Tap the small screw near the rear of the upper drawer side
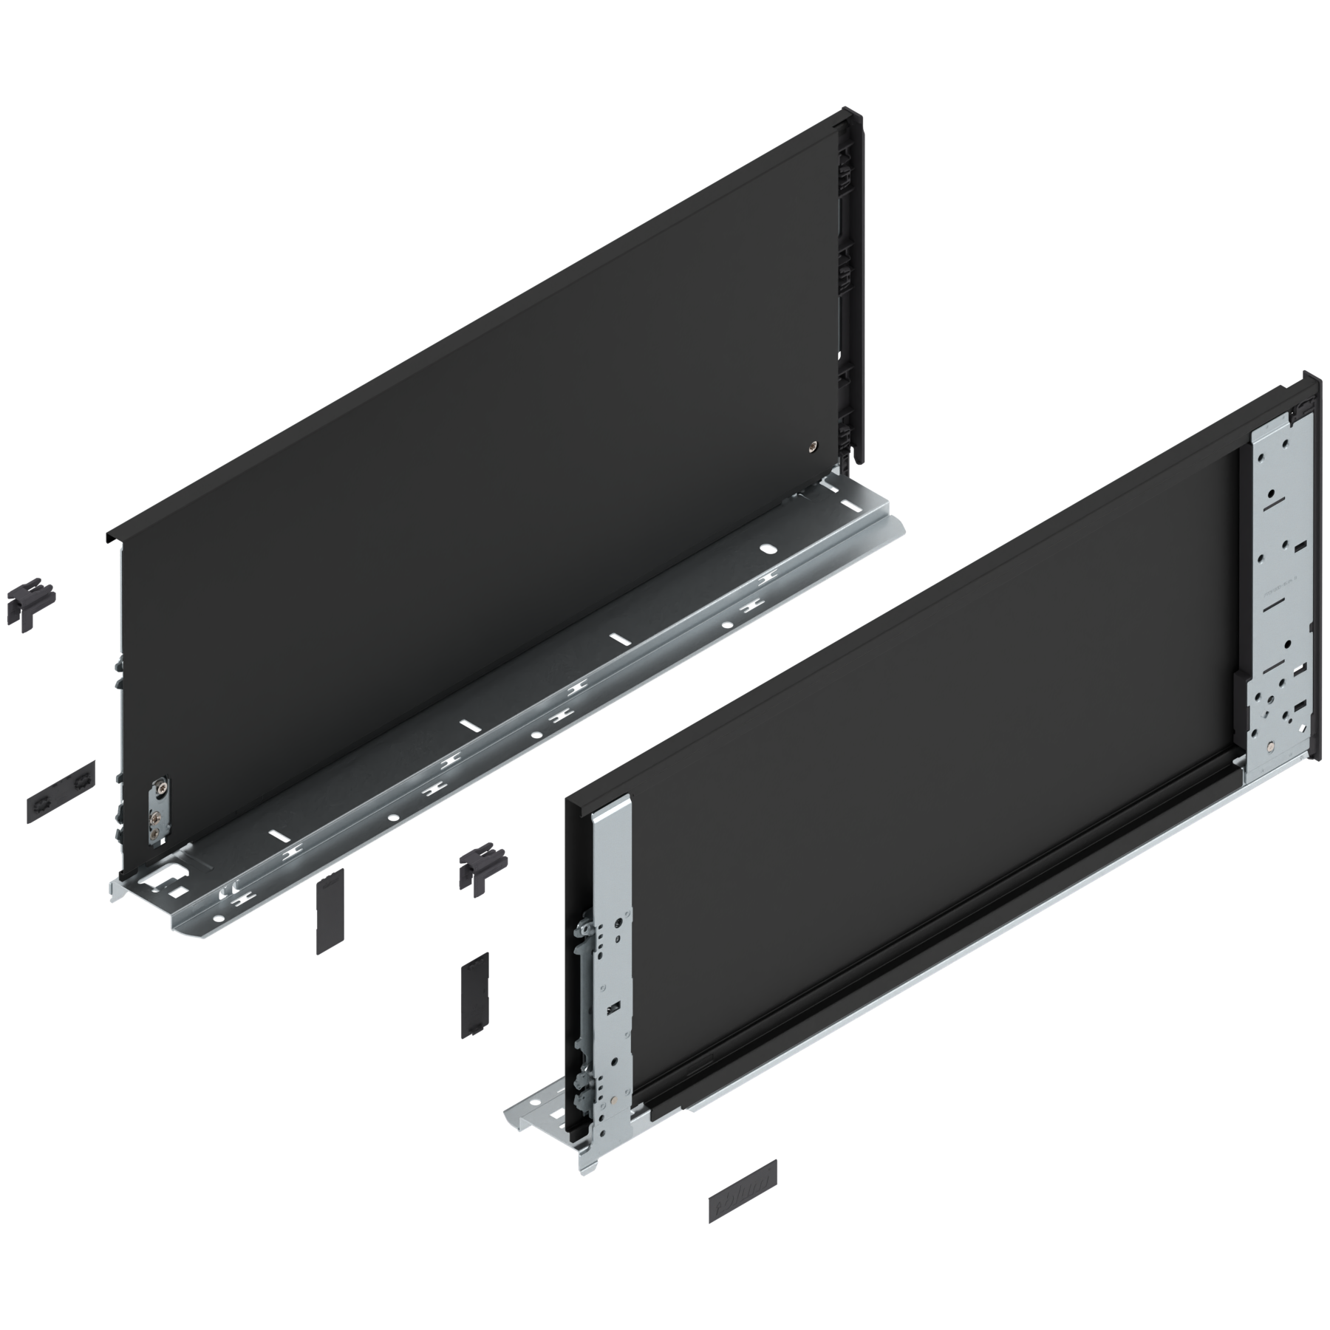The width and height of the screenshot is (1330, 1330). click(x=813, y=446)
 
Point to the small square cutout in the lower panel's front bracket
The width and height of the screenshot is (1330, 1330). click(x=612, y=1008)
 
